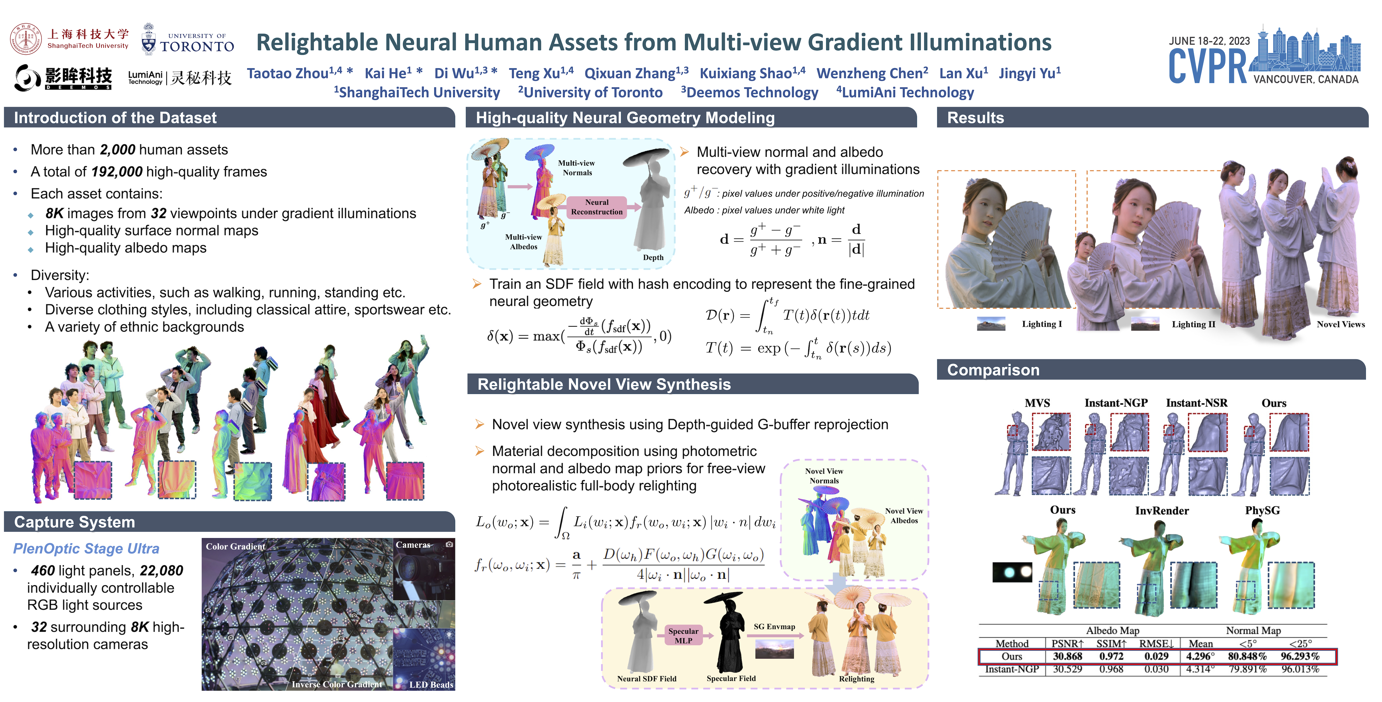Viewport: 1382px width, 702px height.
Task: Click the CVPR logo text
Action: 1207,66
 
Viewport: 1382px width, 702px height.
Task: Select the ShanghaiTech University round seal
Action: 25,39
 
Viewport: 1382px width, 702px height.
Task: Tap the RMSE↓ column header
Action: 1157,643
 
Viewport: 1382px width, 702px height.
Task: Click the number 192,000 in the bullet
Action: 116,172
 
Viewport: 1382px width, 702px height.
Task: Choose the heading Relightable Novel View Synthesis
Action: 604,384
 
